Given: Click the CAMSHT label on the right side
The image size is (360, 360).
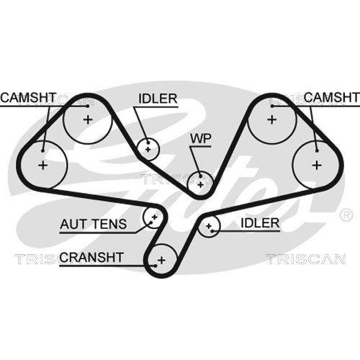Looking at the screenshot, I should point(331,97).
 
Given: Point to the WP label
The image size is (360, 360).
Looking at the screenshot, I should point(199,138).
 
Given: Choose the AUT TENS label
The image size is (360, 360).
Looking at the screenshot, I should point(93,224).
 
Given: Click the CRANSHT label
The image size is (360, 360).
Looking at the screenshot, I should point(92,256).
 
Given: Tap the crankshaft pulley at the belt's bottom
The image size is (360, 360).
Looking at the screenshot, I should point(161,259).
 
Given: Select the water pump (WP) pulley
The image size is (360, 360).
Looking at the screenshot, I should point(199,182).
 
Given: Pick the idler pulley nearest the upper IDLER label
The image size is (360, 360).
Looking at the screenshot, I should point(148,149).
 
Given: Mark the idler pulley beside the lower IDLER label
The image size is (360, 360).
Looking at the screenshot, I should point(210,228).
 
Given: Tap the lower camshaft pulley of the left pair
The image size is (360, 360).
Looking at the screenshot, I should point(43,165).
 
